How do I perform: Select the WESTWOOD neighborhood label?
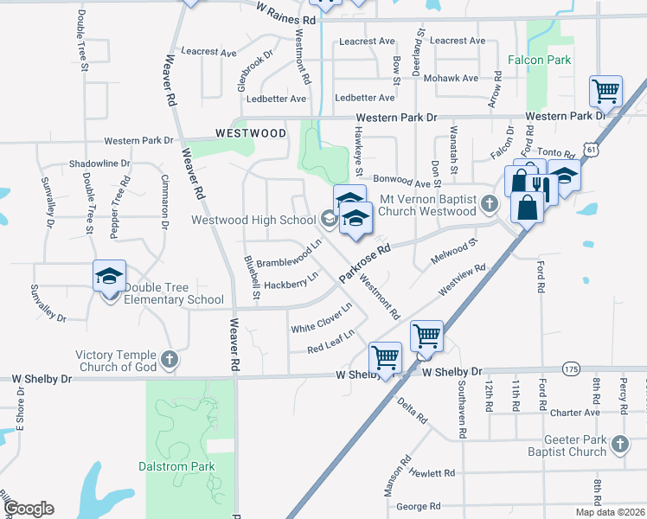click(251, 134)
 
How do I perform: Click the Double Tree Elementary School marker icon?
click(110, 276)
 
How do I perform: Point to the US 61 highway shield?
click(591, 151)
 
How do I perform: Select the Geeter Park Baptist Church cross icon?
click(619, 445)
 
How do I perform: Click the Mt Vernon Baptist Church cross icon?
click(490, 205)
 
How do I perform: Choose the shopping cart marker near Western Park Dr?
click(606, 90)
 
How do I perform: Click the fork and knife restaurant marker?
click(541, 185)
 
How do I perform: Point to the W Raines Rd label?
click(286, 12)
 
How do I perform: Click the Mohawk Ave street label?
click(458, 78)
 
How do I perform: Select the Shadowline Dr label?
click(99, 163)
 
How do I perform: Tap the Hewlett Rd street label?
click(432, 473)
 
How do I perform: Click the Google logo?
click(29, 509)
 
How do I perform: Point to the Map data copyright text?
click(610, 512)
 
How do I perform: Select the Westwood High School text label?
click(253, 220)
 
